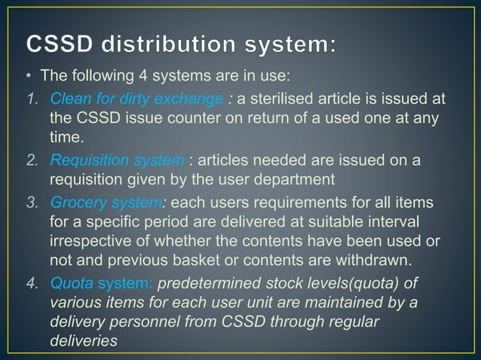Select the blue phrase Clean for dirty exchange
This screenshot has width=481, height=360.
click(136, 100)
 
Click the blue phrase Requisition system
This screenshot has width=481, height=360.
click(117, 160)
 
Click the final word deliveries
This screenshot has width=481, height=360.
click(83, 340)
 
